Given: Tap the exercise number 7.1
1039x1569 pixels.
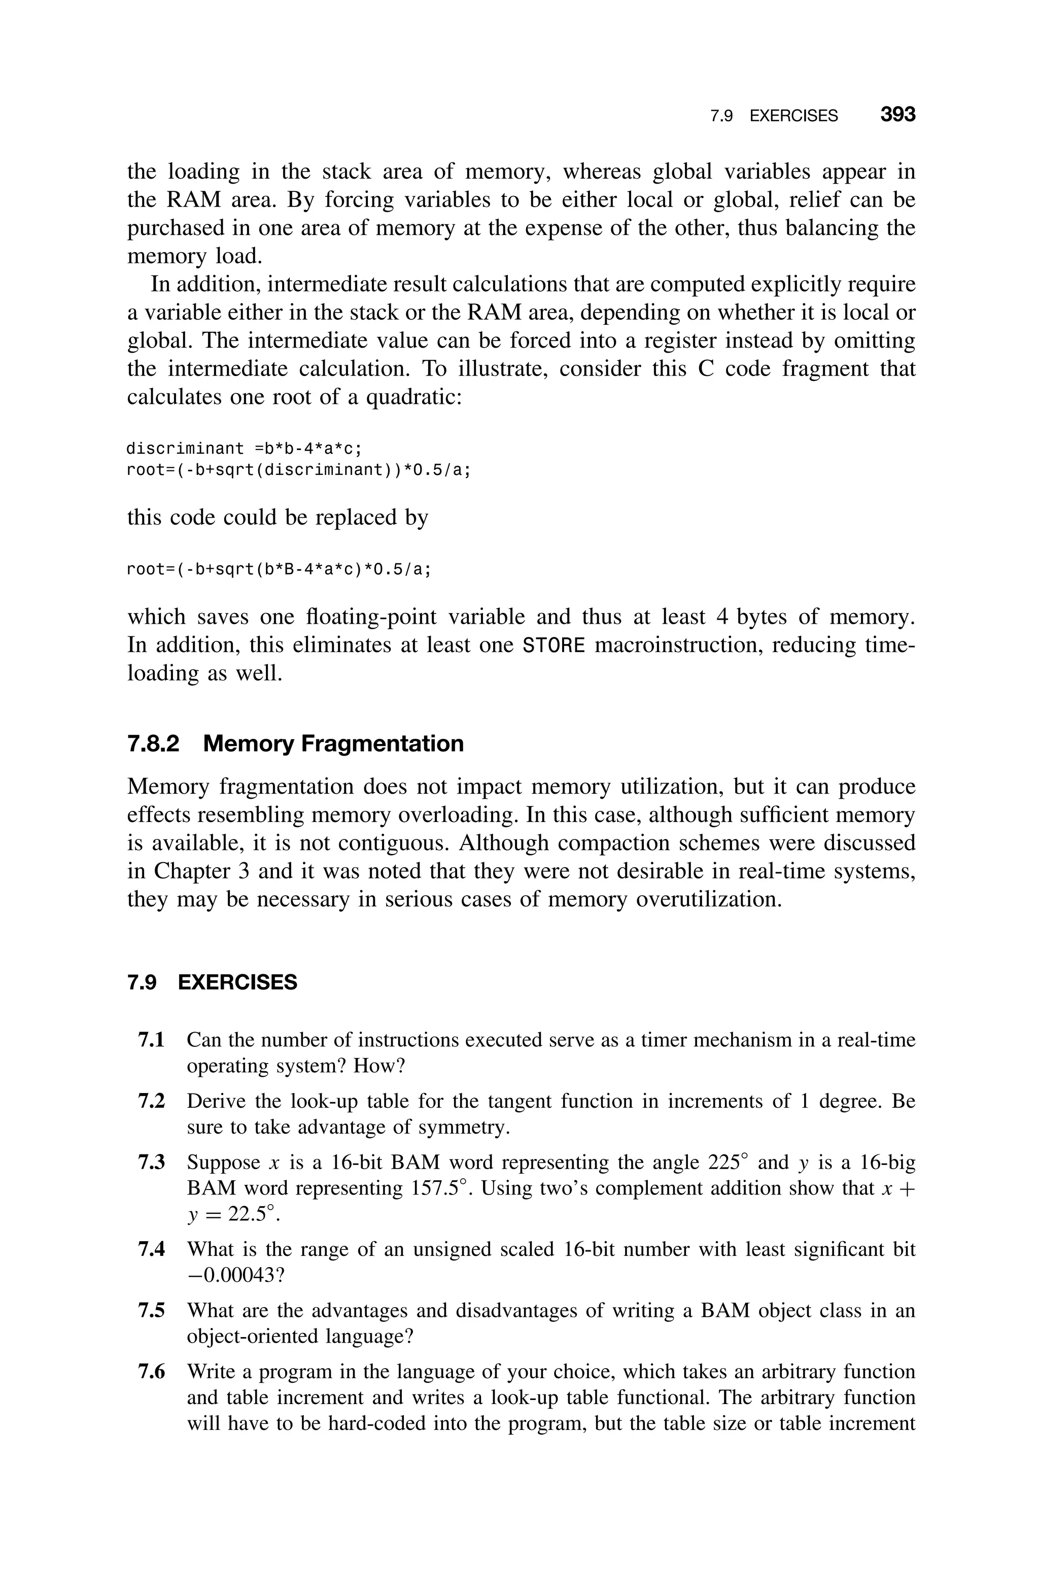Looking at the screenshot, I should [151, 1040].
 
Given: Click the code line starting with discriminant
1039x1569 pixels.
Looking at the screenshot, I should [245, 449].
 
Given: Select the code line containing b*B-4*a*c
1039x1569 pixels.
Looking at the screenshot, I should [279, 569].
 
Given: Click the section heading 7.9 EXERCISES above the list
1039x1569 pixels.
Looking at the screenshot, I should [212, 982].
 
